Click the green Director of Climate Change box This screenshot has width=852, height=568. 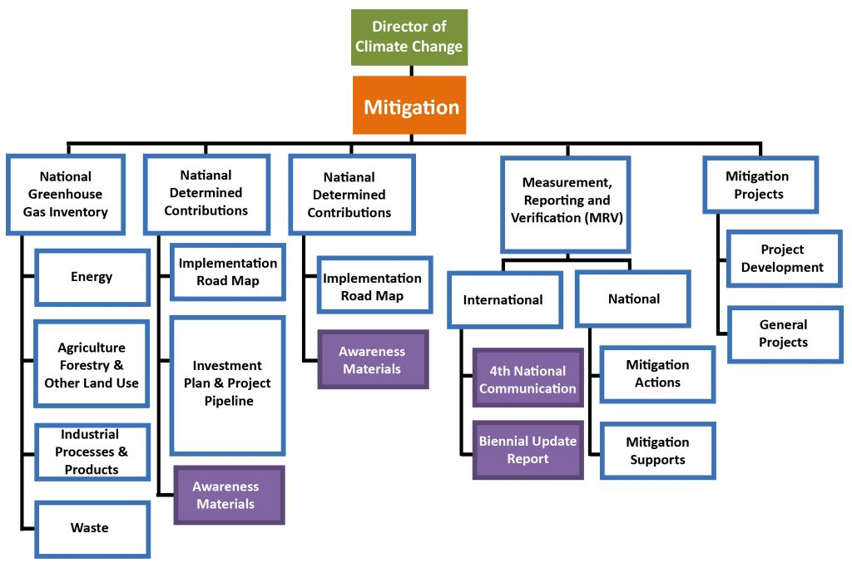click(409, 37)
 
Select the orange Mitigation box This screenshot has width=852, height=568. click(411, 106)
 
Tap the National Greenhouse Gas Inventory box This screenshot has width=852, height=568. click(66, 195)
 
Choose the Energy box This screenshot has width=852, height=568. click(92, 277)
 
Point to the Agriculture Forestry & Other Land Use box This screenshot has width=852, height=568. click(92, 365)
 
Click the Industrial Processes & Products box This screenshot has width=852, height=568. click(92, 452)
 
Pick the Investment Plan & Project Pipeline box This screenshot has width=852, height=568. click(227, 383)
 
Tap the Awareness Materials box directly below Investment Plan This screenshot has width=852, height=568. click(227, 496)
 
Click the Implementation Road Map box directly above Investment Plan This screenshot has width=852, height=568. click(227, 272)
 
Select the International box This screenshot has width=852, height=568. click(503, 299)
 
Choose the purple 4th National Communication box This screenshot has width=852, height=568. click(528, 379)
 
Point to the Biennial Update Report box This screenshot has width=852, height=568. click(528, 450)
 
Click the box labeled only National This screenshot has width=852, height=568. click(633, 299)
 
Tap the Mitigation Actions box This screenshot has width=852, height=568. click(657, 373)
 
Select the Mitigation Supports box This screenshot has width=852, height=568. click(657, 451)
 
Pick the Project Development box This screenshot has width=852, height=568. click(783, 259)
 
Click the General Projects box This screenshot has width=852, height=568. click(783, 333)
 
